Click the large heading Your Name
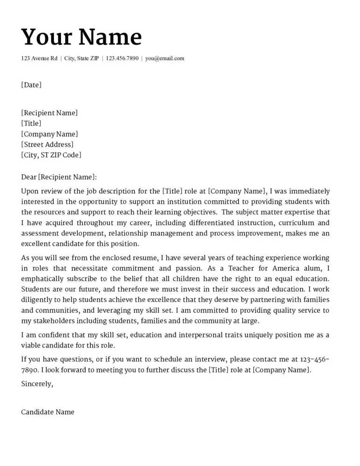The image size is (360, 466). point(82,37)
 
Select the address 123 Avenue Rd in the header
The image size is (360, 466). point(39,59)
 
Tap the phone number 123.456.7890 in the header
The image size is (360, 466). point(122,59)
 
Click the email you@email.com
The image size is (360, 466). point(164,59)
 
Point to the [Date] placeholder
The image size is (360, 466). point(31,85)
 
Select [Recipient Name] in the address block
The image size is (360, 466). point(49,113)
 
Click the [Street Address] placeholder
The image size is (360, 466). point(47,144)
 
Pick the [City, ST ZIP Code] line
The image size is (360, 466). point(51,155)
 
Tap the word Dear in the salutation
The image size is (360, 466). point(28,177)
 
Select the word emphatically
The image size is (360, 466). point(43,279)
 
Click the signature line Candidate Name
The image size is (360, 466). point(48,412)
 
